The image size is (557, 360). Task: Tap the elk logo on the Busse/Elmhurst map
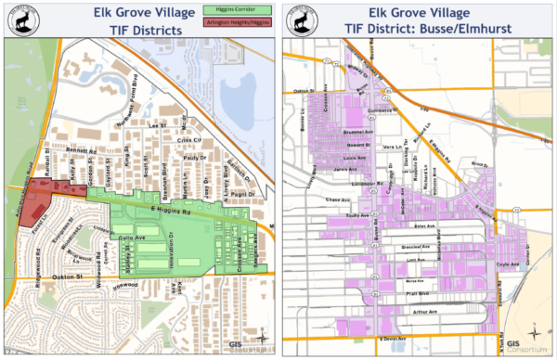point(302,19)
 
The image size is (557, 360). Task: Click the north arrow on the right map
point(535,331)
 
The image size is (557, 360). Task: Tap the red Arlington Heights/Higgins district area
point(38,197)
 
